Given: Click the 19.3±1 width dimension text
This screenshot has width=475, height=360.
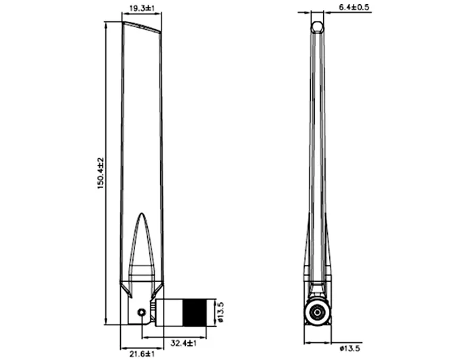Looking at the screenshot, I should pos(142,8).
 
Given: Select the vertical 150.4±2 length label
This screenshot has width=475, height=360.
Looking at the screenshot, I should pos(100,173).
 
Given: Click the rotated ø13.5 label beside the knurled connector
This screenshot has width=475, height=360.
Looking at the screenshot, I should pos(220,312).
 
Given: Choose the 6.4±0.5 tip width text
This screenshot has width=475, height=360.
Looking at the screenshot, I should pos(354,8).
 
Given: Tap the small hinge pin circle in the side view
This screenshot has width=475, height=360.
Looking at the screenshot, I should pos(140,312).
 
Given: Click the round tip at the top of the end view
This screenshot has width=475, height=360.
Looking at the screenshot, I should pos(316,26).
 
